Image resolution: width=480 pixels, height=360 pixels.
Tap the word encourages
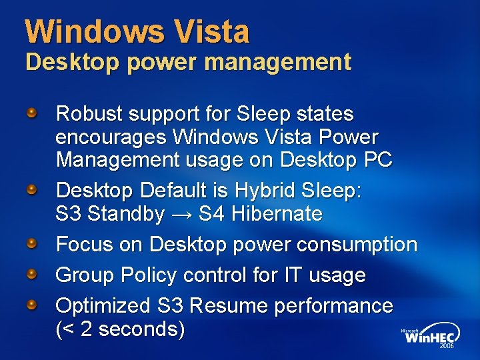111,137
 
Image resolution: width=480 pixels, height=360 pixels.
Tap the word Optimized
103,306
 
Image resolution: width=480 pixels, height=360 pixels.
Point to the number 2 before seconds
87,329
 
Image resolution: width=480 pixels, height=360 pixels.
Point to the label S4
211,215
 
